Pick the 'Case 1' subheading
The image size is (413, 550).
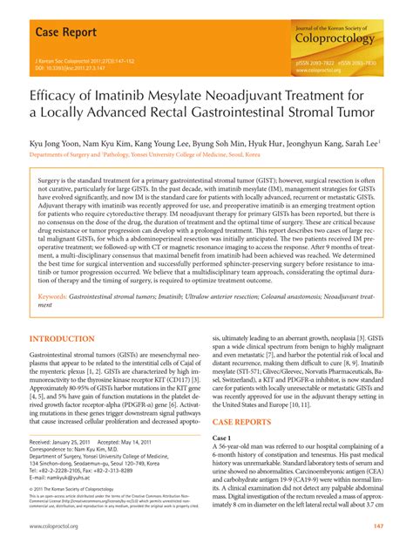tap(226, 437)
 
